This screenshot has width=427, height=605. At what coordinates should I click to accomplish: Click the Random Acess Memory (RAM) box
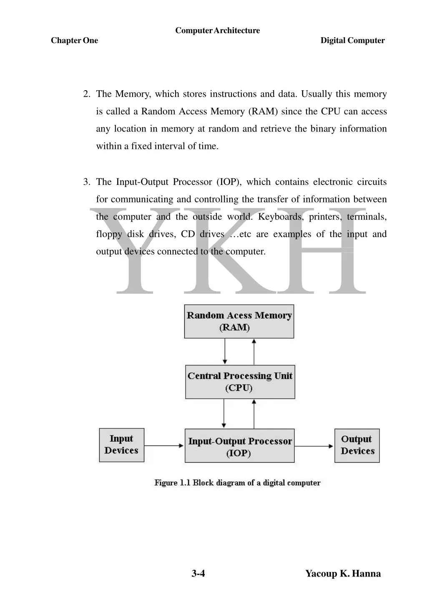(x=239, y=321)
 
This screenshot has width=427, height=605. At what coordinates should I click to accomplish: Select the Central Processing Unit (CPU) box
(x=240, y=382)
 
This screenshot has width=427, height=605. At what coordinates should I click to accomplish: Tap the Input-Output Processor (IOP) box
(x=239, y=446)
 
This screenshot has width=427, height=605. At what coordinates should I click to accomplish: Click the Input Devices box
(x=121, y=445)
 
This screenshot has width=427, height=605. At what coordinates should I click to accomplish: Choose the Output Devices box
(x=357, y=445)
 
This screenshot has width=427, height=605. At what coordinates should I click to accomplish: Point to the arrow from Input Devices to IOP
(x=164, y=446)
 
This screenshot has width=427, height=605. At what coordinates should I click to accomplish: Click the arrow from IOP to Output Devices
(x=314, y=446)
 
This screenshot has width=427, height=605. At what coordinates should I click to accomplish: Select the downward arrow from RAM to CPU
(x=225, y=351)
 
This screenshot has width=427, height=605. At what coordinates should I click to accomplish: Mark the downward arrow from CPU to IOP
(x=224, y=413)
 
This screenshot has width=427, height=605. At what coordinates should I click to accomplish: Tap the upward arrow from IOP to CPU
(x=254, y=413)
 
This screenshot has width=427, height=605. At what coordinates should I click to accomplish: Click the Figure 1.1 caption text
(x=237, y=483)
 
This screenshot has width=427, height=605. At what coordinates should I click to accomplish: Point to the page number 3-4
(x=198, y=573)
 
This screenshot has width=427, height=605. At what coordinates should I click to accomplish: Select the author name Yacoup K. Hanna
(x=343, y=573)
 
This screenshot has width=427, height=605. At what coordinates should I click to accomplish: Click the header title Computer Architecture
(x=217, y=30)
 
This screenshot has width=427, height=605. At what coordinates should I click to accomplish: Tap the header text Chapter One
(x=74, y=41)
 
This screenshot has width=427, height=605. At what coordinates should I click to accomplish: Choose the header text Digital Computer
(x=352, y=41)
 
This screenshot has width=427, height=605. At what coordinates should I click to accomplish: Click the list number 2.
(x=86, y=94)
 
